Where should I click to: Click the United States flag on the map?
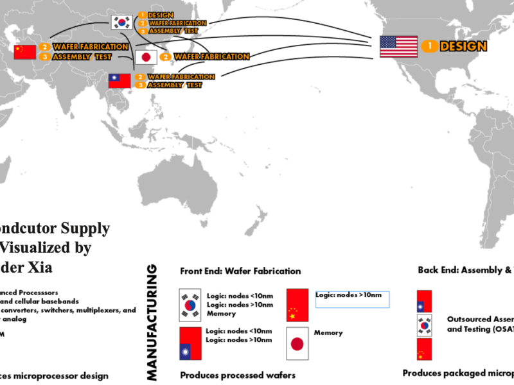(398, 46)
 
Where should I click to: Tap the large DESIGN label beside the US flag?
(463, 46)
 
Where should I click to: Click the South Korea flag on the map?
(122, 22)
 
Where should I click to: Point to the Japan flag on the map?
(146, 57)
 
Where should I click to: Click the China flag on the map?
(25, 51)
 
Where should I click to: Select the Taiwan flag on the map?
(120, 81)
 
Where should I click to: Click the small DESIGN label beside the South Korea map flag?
(160, 15)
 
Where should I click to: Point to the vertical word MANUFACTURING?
(153, 320)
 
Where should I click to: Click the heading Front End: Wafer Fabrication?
(240, 271)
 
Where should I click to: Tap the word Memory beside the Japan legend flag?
(328, 333)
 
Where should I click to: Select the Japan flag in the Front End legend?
(297, 343)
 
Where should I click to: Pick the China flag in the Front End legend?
(297, 305)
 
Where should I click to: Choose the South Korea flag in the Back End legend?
(424, 325)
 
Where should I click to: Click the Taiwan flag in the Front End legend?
(190, 343)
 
